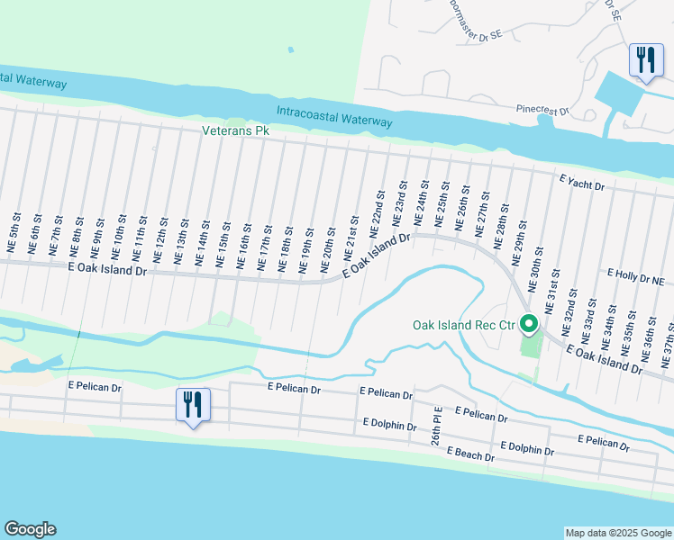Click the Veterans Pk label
click(x=236, y=130)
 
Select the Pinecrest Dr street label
click(x=542, y=110)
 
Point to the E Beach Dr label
click(x=464, y=456)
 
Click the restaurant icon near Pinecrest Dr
click(x=644, y=61)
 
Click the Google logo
click(x=30, y=529)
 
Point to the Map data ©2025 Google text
click(x=617, y=533)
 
